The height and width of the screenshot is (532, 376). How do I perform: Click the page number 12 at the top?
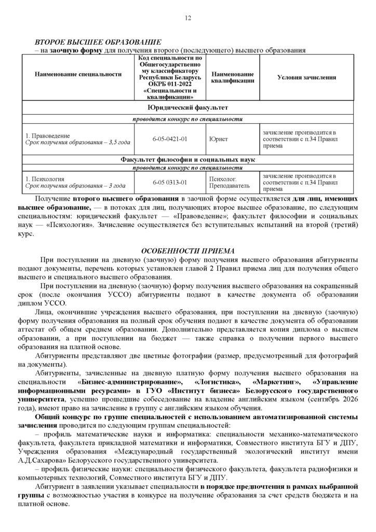(188, 19)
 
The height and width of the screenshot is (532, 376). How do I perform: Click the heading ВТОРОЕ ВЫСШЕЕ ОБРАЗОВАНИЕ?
(98, 42)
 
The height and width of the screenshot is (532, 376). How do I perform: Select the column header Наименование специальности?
(78, 74)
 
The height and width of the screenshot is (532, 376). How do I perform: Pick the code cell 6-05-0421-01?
(170, 139)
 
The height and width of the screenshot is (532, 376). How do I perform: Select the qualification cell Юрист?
(219, 139)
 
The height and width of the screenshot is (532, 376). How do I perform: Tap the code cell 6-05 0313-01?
(170, 182)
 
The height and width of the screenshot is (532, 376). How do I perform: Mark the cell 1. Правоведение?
(47, 136)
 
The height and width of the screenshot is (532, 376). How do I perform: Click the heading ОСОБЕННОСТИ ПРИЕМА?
(188, 251)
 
